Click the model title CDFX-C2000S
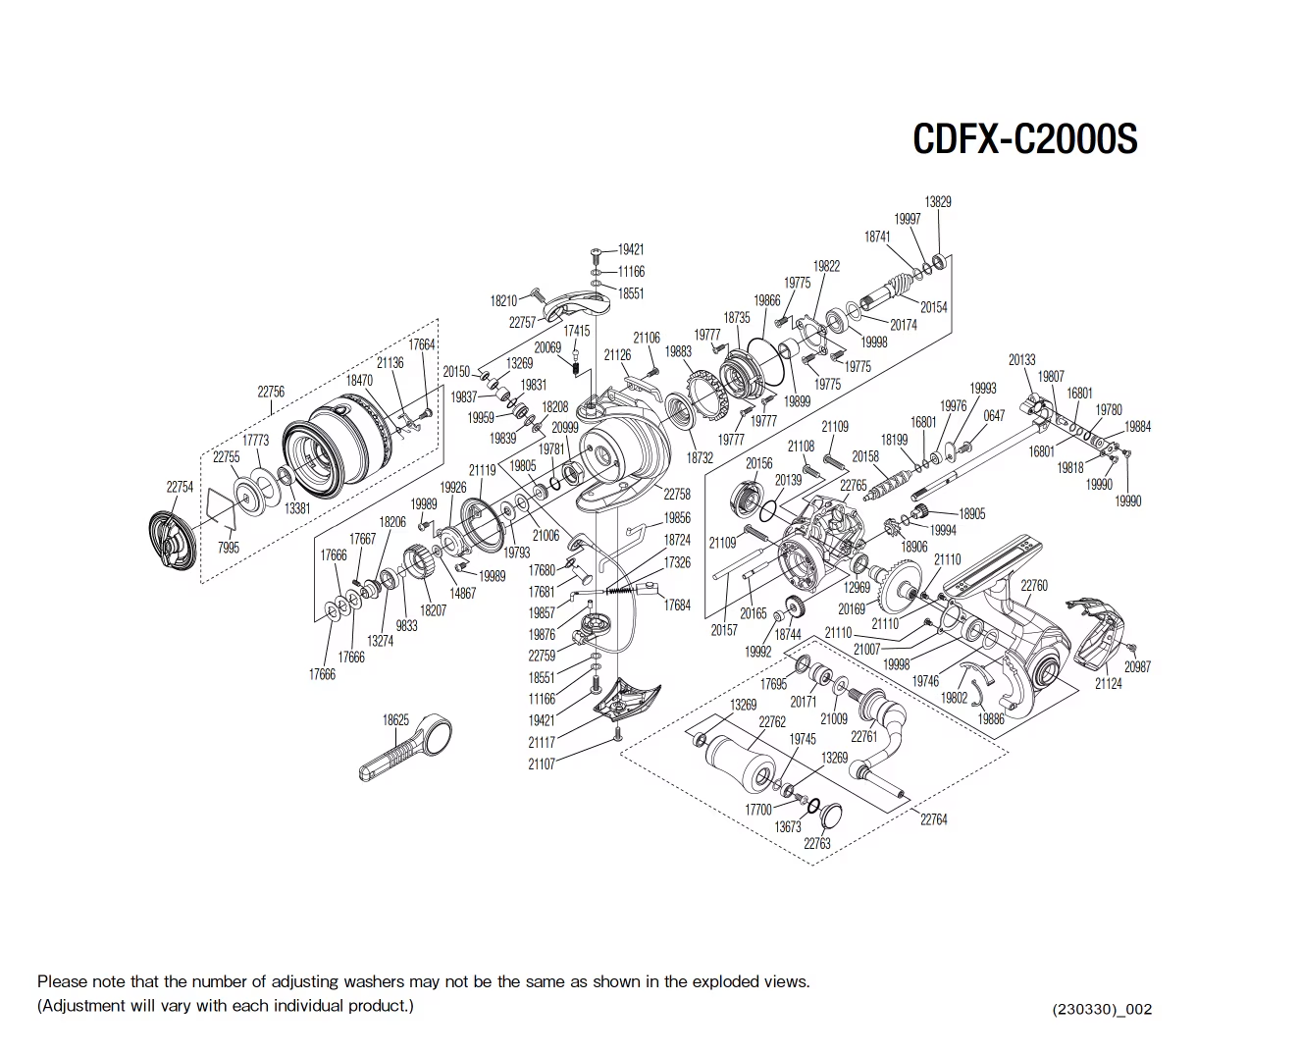1024,139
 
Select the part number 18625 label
395,719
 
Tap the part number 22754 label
180,487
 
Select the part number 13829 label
938,201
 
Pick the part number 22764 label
933,819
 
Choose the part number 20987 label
1137,666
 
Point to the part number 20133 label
1021,360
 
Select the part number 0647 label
994,415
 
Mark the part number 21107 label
542,764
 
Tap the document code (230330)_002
1102,1009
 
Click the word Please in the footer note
62,981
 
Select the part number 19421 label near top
631,249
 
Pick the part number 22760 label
1034,586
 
